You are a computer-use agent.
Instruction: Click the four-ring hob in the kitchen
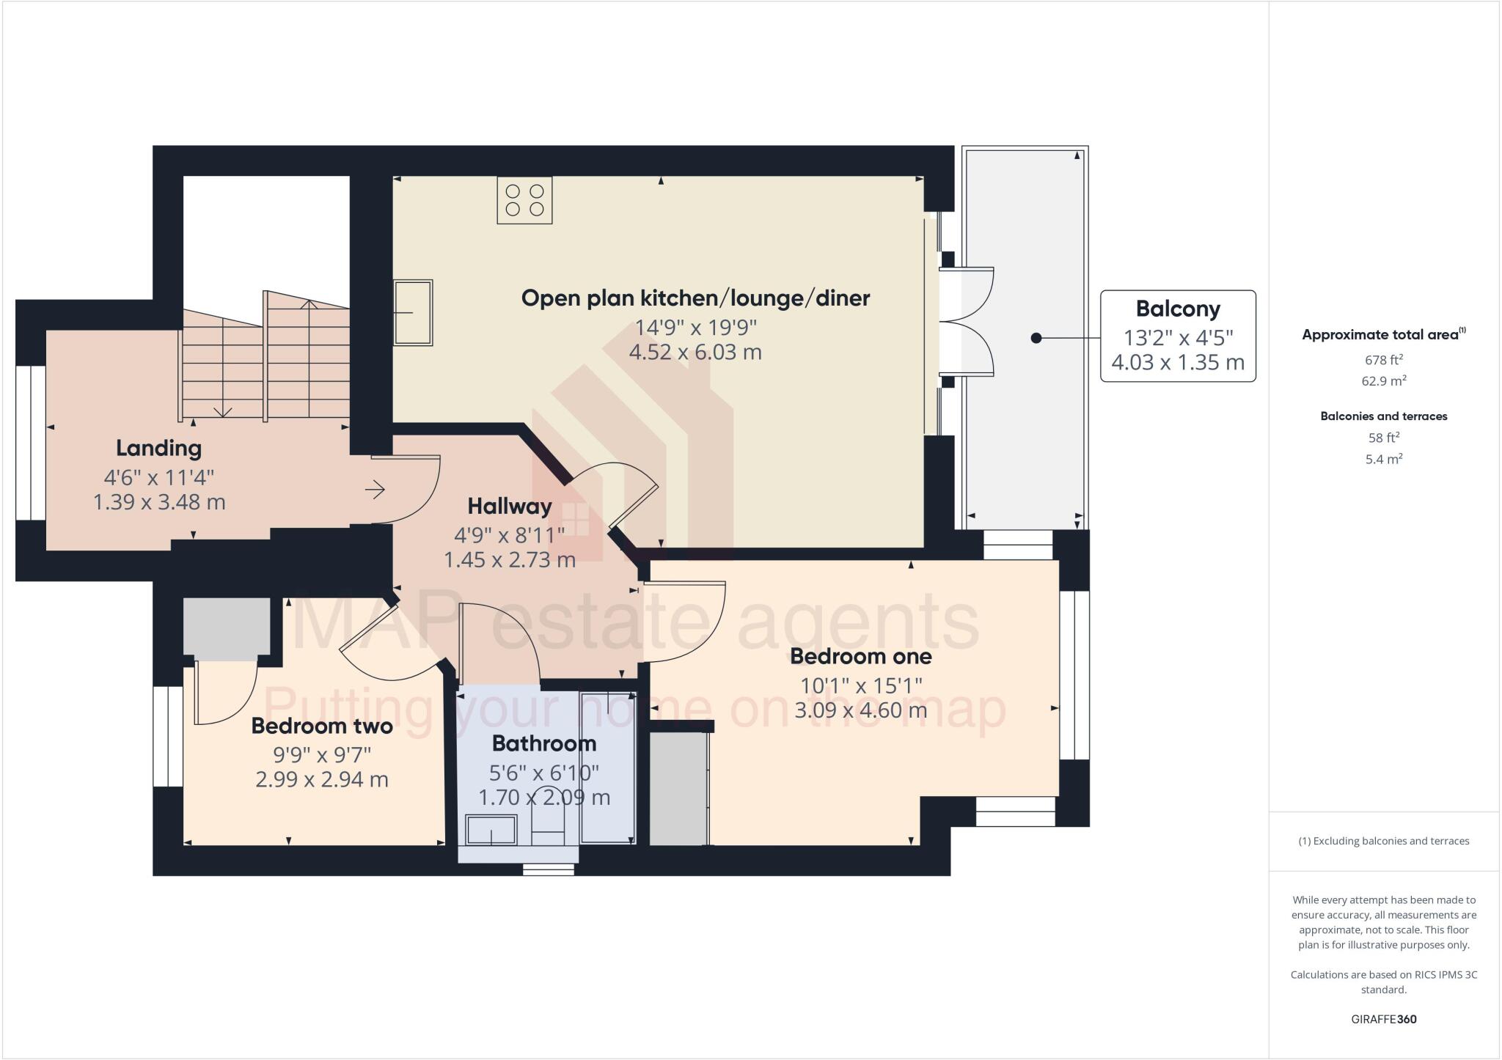tap(524, 200)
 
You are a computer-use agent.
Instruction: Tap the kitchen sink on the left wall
tap(413, 312)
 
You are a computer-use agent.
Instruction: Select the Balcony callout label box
tap(1178, 336)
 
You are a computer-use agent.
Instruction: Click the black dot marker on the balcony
tap(1036, 338)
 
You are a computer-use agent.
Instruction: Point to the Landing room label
tap(158, 447)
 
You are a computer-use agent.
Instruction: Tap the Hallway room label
tap(509, 506)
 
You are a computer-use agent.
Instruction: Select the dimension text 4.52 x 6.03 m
tap(695, 352)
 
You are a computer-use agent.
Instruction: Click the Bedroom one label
tap(860, 656)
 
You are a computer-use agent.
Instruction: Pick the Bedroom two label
tap(321, 726)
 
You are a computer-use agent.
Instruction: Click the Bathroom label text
tap(543, 743)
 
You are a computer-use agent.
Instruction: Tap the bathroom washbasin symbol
tap(491, 830)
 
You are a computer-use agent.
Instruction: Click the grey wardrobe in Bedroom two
tap(226, 628)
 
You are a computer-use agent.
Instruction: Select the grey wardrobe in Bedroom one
tap(678, 788)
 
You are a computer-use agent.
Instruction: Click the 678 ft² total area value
tap(1383, 360)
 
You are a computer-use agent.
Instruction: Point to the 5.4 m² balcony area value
tap(1383, 460)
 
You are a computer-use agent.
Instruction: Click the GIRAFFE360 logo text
tap(1383, 1019)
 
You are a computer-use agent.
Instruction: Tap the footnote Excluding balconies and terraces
tap(1383, 841)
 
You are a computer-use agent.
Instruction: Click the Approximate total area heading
tap(1382, 335)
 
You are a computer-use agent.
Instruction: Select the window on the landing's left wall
tap(31, 443)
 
